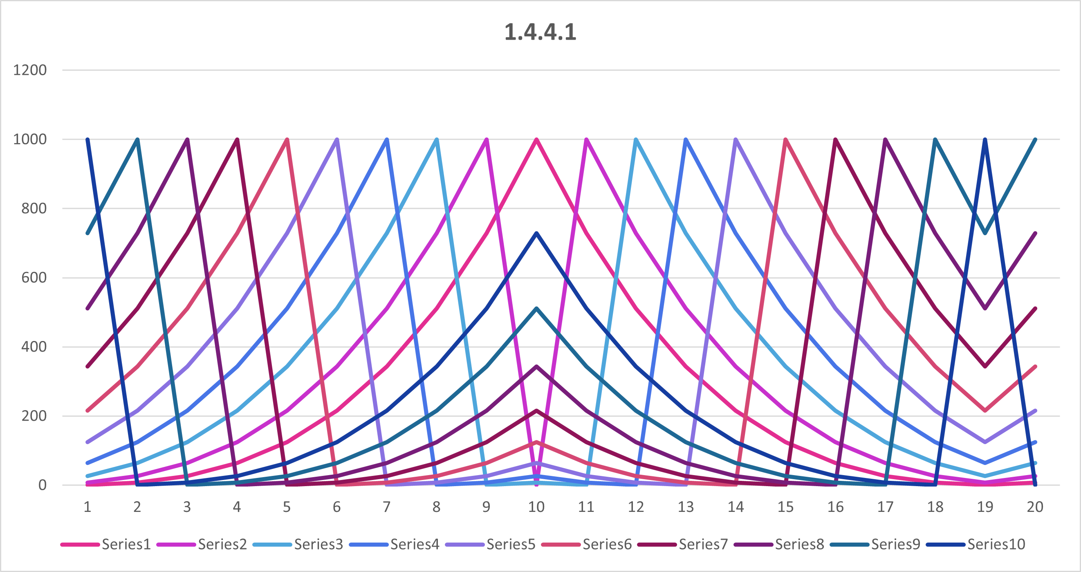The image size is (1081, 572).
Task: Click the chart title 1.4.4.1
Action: pyautogui.click(x=540, y=32)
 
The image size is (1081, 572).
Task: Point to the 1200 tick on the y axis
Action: pyautogui.click(x=30, y=70)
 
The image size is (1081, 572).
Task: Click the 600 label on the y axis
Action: pyautogui.click(x=34, y=277)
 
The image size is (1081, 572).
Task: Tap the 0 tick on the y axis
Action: pyautogui.click(x=42, y=485)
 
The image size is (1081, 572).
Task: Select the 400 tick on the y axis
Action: pyautogui.click(x=34, y=347)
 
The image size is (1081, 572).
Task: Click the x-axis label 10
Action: pyautogui.click(x=536, y=507)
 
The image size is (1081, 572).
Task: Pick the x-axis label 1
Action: pyautogui.click(x=87, y=507)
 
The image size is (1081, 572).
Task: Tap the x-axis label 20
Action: pyautogui.click(x=1035, y=507)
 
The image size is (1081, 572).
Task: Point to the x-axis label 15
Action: pyautogui.click(x=785, y=507)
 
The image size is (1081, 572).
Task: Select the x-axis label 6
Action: pyautogui.click(x=336, y=507)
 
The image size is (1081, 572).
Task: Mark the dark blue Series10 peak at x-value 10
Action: pyautogui.click(x=536, y=233)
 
